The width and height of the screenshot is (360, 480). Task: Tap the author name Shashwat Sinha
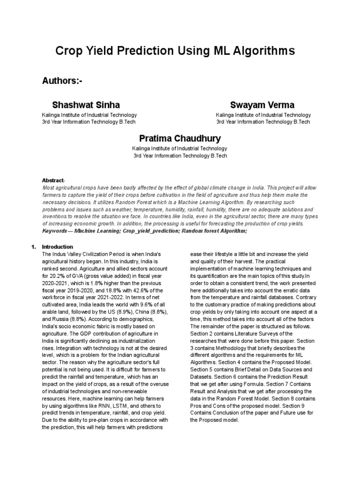(x=86, y=104)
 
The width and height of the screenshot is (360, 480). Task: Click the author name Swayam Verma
(x=262, y=104)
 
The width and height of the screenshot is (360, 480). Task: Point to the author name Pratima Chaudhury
(x=180, y=138)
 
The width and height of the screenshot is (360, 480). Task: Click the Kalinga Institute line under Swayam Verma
(x=263, y=115)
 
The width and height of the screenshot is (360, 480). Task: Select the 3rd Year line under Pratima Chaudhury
(x=180, y=156)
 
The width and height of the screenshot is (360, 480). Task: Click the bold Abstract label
(x=52, y=180)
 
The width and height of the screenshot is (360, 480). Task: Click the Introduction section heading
(x=57, y=247)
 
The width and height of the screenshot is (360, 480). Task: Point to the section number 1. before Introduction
(x=33, y=247)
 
